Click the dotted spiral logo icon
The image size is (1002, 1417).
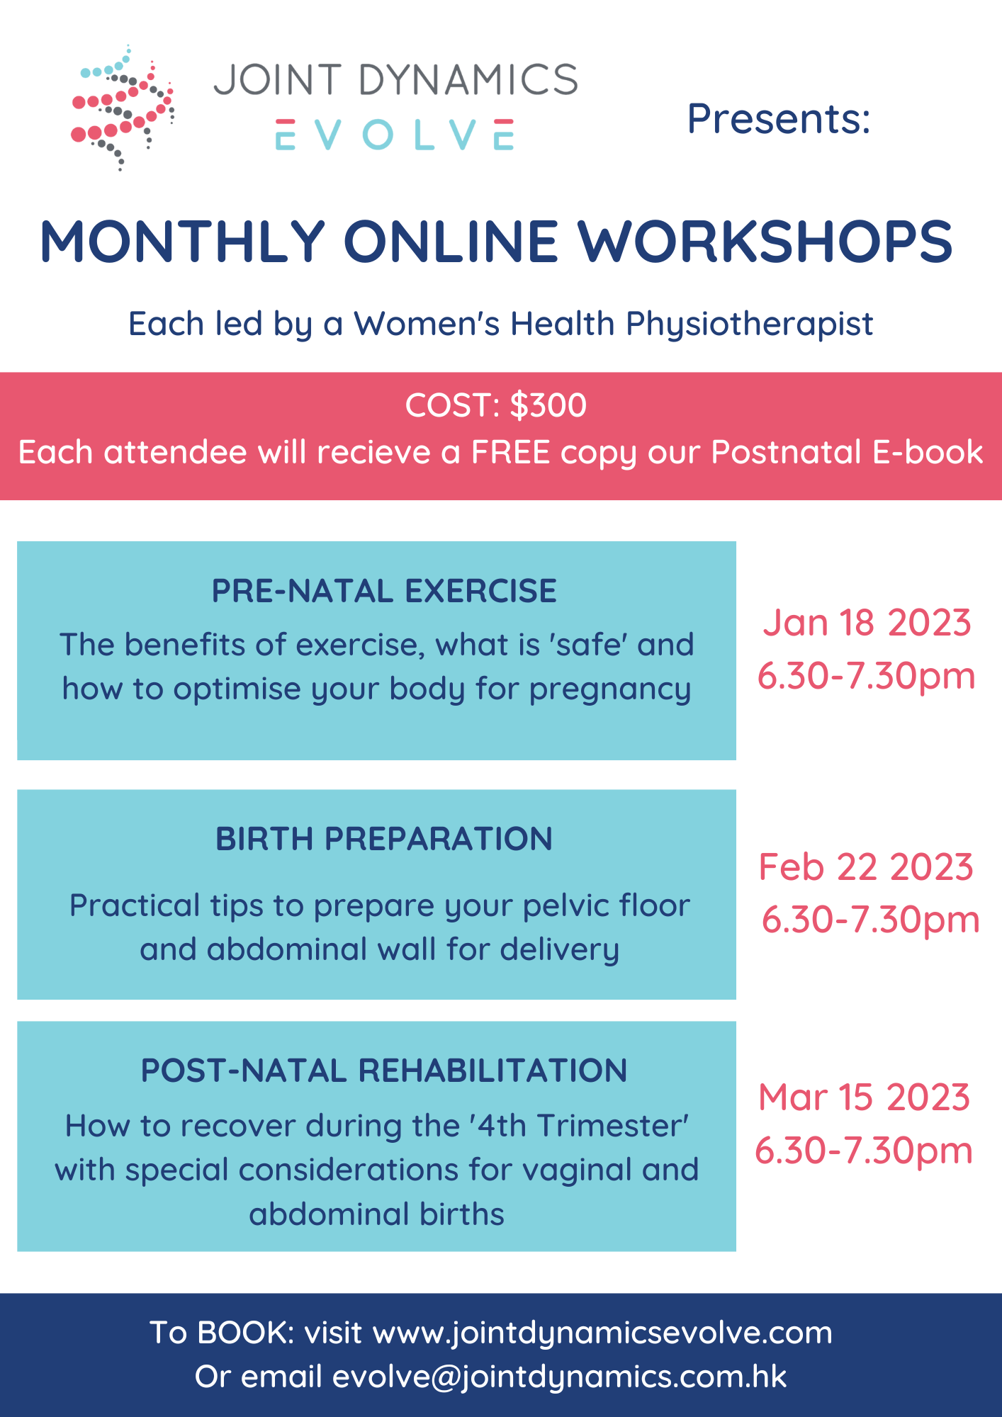[123, 108]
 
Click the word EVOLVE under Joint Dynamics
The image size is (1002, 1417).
[395, 135]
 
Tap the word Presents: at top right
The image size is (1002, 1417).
[778, 119]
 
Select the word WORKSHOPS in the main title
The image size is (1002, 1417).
[765, 242]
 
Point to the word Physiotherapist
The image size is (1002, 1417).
[749, 324]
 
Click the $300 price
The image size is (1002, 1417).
[548, 406]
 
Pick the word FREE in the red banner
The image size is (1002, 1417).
[511, 453]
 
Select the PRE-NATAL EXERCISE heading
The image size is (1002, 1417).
[384, 592]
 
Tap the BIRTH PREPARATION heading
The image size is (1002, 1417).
[384, 840]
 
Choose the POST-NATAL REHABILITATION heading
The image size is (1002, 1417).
[384, 1071]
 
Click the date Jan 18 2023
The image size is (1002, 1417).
[866, 623]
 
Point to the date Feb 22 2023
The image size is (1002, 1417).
[866, 867]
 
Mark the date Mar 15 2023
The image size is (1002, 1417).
[864, 1097]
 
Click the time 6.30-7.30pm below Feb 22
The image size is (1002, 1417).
[870, 920]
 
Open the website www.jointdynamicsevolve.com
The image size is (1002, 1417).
[602, 1333]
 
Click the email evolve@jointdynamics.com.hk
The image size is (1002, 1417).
[560, 1377]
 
